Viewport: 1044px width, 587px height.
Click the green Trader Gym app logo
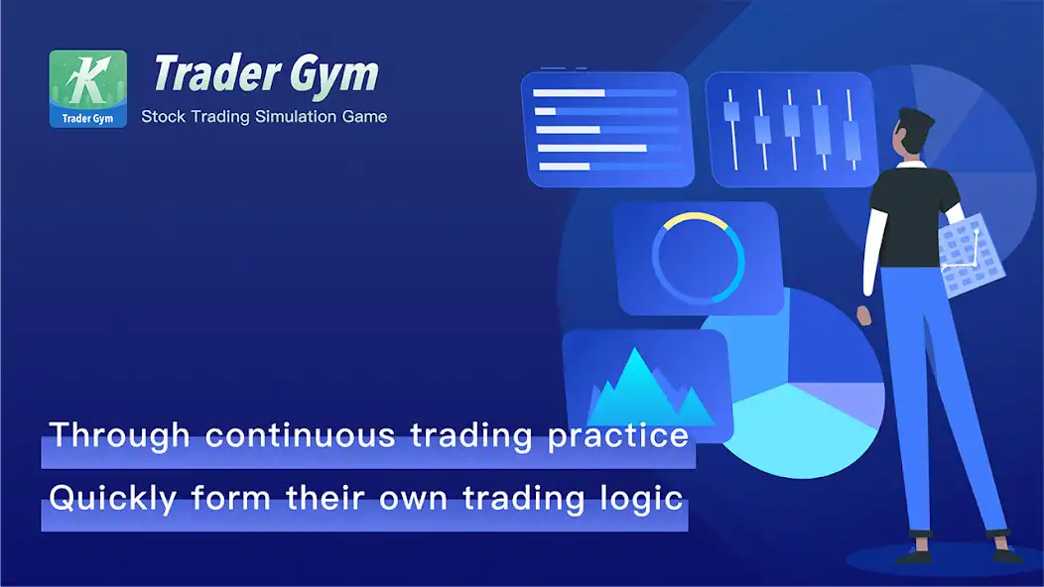pos(88,88)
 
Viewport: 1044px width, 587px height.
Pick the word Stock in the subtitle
pos(162,117)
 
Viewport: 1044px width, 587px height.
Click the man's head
pos(914,132)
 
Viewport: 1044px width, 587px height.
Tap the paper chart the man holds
pos(960,257)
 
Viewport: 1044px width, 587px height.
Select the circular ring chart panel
pos(697,257)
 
